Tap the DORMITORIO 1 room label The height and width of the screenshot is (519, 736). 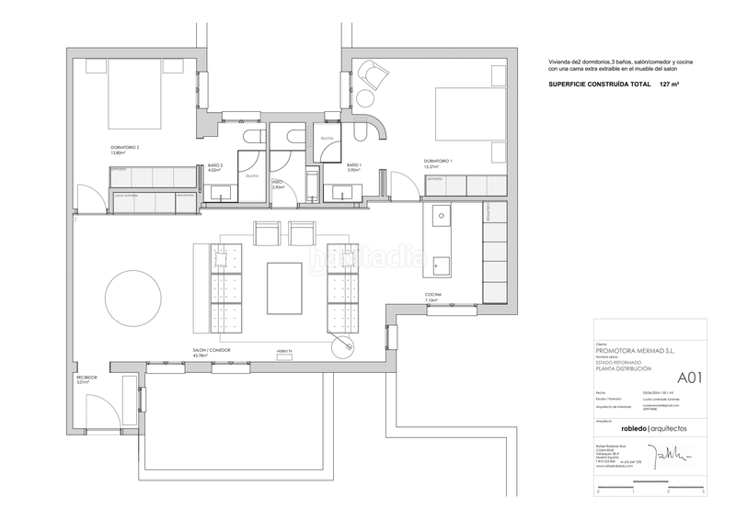(439, 162)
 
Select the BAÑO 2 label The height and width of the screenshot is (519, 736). (215, 165)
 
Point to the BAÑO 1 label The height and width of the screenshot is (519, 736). (353, 165)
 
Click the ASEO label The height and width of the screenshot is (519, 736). (277, 183)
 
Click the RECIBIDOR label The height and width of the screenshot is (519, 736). (86, 378)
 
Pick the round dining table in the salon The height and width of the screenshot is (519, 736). (134, 298)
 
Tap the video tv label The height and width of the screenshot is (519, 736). (283, 351)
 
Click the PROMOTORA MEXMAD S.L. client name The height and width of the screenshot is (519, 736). (636, 350)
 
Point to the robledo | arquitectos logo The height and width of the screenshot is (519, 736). (652, 429)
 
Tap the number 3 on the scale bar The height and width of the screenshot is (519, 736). (703, 492)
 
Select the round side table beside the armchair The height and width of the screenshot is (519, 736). (365, 98)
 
